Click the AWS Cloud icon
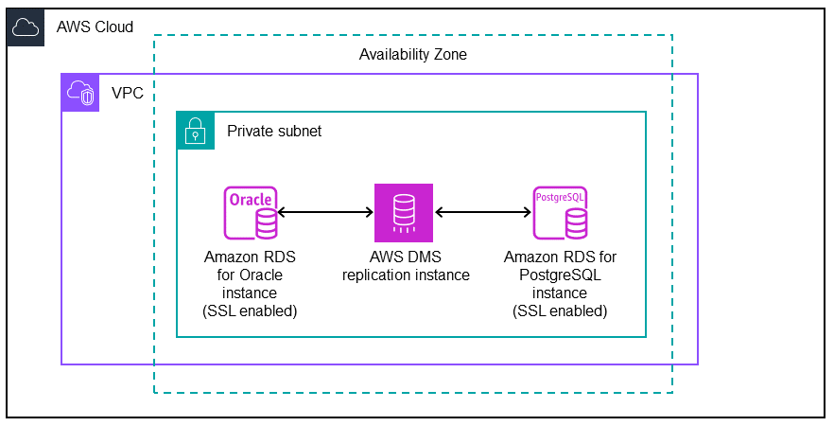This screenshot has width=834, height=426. [26, 27]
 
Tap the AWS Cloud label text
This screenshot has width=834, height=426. [95, 27]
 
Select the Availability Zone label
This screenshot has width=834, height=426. [412, 55]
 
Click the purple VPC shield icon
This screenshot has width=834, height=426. [80, 93]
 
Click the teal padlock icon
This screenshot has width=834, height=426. [196, 131]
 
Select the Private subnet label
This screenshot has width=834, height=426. [274, 132]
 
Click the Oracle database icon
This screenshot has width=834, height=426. [251, 213]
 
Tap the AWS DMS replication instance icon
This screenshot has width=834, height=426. [404, 213]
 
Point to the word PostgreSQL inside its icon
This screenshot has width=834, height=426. [560, 198]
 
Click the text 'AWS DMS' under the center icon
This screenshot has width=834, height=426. [405, 257]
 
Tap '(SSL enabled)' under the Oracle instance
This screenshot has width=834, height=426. [251, 311]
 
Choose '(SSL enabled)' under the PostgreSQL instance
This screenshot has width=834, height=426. [560, 311]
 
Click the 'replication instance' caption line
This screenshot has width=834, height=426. [405, 275]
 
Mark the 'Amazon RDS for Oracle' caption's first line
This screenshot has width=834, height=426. [251, 257]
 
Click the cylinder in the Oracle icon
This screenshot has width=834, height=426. [266, 224]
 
